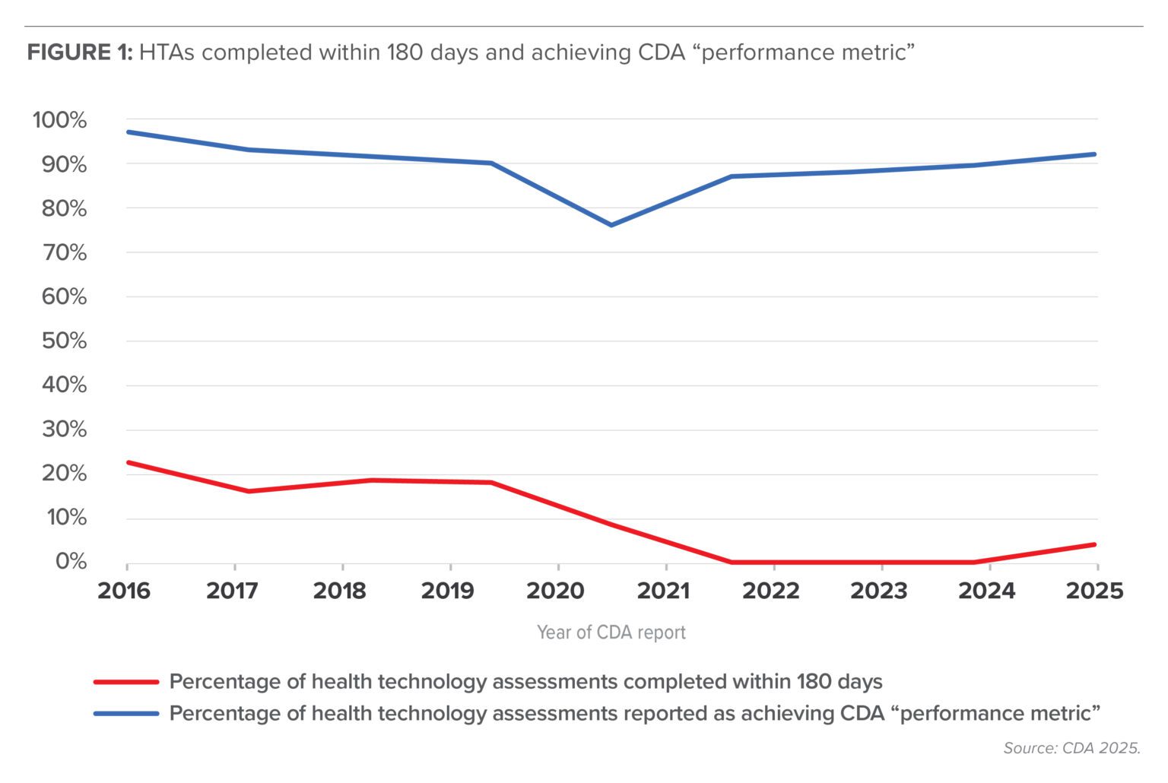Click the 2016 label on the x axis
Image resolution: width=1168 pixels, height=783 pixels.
tap(124, 591)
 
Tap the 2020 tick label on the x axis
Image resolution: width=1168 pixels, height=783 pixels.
tap(555, 591)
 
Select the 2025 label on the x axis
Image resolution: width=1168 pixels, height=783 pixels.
tap(1094, 591)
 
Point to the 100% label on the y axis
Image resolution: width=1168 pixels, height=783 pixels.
tap(59, 120)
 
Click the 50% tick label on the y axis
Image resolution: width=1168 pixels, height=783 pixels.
tap(64, 341)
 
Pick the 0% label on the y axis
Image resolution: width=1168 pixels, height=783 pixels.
tap(71, 561)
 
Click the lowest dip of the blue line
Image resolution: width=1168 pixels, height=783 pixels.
tap(611, 225)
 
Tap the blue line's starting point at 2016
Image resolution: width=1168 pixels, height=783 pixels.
tap(128, 132)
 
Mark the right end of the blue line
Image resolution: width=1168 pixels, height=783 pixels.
tap(1095, 154)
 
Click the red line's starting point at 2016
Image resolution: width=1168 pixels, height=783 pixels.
tap(128, 462)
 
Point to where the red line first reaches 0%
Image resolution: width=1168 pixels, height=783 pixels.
tap(732, 562)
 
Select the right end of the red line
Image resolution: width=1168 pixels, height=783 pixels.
tap(1095, 544)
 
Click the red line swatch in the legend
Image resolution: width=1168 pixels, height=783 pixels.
tap(126, 682)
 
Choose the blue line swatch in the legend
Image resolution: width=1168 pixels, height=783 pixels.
tap(126, 714)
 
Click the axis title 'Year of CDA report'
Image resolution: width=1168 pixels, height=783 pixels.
tap(611, 632)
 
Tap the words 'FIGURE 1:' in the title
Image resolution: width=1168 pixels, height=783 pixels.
tap(80, 52)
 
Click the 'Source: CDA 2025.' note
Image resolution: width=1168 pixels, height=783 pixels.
tap(1071, 748)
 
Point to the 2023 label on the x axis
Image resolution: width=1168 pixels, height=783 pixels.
tap(878, 591)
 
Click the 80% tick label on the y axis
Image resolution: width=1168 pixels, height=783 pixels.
tap(64, 208)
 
